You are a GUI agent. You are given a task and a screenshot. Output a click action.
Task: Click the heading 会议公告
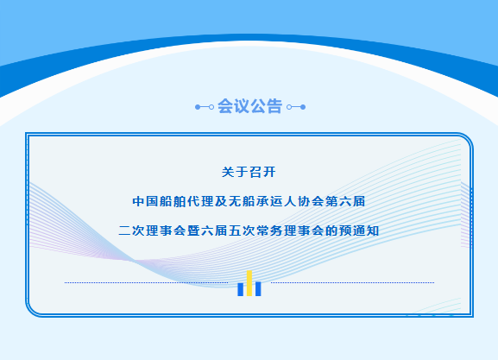[x=249, y=106]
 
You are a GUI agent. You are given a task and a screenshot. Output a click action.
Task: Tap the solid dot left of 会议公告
[x=198, y=107]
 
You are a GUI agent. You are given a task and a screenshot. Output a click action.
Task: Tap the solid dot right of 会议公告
[x=303, y=107]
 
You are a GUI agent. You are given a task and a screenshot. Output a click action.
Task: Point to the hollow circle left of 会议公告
[x=211, y=107]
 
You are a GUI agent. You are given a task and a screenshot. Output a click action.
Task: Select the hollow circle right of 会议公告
[x=289, y=107]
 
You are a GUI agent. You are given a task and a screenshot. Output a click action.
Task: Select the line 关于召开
[x=249, y=172]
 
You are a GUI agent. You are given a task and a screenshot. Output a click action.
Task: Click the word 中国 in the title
[x=146, y=201]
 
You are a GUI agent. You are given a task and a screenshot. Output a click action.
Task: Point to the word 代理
[x=200, y=201]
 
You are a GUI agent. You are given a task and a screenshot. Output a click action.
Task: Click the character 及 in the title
[x=221, y=201]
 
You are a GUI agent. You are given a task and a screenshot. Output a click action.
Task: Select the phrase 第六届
[x=345, y=201]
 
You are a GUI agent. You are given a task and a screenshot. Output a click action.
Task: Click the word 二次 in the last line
[x=131, y=231]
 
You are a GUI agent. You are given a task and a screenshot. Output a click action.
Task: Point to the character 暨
[x=193, y=231]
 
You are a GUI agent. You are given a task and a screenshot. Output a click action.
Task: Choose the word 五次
[x=242, y=231]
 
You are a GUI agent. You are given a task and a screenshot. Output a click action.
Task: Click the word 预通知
[x=359, y=231]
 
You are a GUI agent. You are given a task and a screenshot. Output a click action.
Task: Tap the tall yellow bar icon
[x=249, y=283]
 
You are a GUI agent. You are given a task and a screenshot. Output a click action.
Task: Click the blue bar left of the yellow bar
[x=241, y=289]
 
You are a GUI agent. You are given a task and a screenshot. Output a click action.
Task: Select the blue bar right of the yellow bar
[x=258, y=289]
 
